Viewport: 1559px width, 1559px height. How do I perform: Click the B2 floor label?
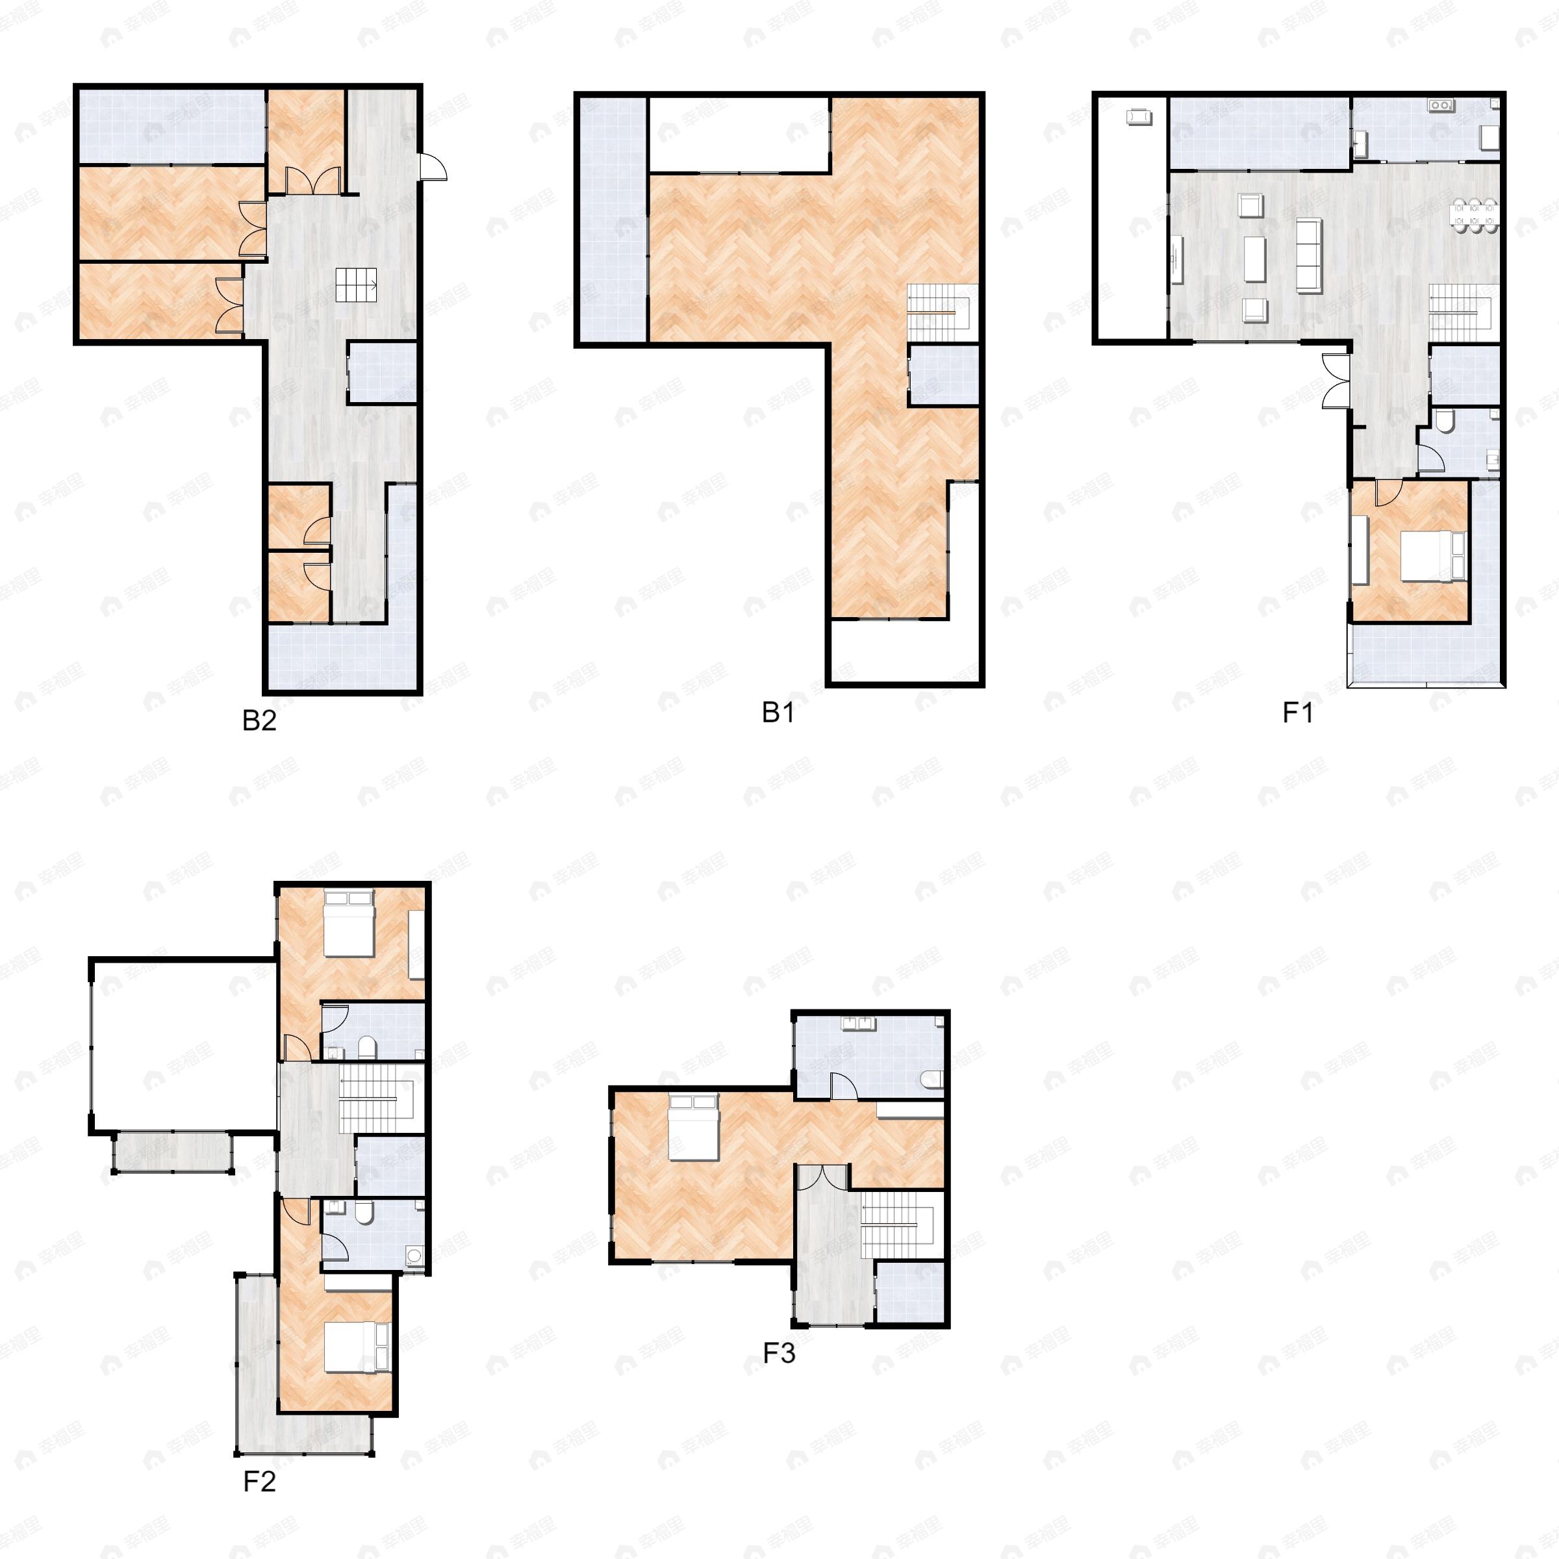(x=259, y=720)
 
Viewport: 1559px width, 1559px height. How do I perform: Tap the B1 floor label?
(x=778, y=713)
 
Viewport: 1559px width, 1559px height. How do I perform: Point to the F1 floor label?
(x=1298, y=713)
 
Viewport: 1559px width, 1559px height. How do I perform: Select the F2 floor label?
(x=259, y=1482)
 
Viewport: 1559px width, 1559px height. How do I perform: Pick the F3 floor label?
(x=779, y=1352)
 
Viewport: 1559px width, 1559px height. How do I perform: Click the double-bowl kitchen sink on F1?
(x=1439, y=105)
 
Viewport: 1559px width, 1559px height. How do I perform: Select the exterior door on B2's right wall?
(x=433, y=167)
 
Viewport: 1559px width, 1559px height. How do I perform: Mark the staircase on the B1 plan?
(x=943, y=312)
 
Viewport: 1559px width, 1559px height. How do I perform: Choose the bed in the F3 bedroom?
(x=693, y=1126)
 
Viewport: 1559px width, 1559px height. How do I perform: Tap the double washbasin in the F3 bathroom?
(x=859, y=1023)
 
